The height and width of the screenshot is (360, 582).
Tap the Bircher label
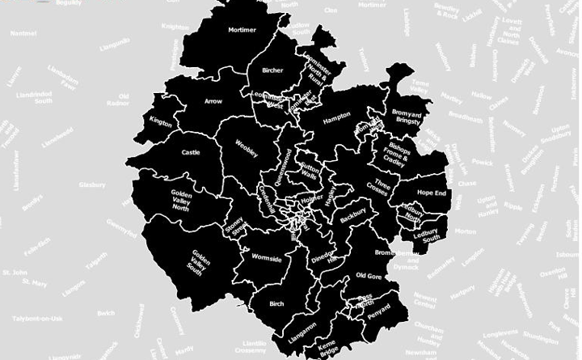point(272,70)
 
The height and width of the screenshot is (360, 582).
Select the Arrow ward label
point(213,101)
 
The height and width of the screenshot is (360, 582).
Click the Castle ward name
point(191,151)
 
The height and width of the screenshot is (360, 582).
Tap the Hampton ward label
point(336,116)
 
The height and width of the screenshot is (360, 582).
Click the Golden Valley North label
point(182,200)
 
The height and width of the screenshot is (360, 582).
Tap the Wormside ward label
point(267,259)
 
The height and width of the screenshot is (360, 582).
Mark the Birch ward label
point(275,305)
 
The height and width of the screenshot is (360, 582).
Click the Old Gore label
point(369,277)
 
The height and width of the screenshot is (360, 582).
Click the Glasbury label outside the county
point(92,184)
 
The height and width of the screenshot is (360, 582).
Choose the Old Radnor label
point(118,100)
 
